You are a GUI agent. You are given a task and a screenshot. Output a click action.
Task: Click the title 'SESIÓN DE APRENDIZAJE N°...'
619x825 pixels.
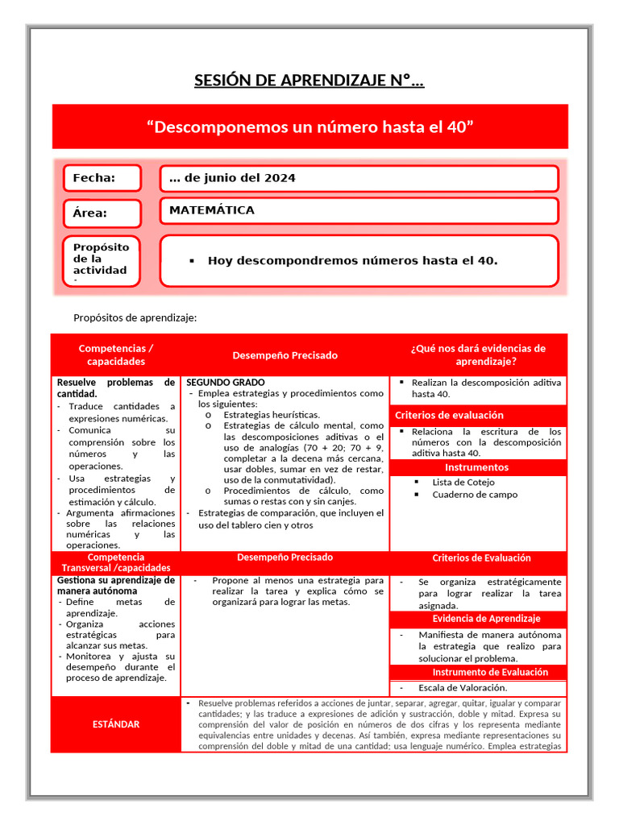click(309, 81)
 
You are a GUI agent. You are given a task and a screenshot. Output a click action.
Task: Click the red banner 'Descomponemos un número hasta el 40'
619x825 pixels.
click(309, 127)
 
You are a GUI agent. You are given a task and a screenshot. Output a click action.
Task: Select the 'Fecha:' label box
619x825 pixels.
click(102, 178)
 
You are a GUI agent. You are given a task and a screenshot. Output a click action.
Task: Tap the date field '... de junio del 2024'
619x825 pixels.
click(359, 178)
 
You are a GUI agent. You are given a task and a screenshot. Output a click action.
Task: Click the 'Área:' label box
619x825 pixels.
click(102, 214)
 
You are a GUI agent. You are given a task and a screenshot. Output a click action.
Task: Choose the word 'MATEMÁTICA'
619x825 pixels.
click(212, 210)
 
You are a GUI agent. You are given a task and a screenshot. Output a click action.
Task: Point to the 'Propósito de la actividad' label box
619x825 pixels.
click(102, 260)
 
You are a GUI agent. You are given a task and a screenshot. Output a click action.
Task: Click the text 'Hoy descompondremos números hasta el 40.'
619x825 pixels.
click(352, 261)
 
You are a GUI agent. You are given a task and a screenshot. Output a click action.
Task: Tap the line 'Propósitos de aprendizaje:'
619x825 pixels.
click(135, 317)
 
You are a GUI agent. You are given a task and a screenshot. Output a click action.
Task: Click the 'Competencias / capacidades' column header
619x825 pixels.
click(116, 354)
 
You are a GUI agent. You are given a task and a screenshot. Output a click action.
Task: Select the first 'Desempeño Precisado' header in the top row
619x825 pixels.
click(285, 355)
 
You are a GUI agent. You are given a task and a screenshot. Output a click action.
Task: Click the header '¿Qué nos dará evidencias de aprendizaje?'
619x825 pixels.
click(478, 354)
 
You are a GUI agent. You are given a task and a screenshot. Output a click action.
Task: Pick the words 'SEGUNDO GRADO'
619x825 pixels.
click(226, 382)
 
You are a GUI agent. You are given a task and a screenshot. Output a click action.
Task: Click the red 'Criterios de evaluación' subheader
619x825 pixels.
click(449, 415)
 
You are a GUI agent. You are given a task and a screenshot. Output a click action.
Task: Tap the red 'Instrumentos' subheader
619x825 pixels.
click(478, 467)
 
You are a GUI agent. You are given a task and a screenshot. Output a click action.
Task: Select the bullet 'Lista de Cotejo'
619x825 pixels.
click(463, 482)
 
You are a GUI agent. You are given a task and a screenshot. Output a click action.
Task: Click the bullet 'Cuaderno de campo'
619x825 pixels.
click(475, 495)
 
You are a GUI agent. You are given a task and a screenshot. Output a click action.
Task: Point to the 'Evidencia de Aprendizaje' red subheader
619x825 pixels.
click(486, 619)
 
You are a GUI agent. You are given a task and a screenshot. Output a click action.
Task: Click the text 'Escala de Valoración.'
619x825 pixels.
click(463, 687)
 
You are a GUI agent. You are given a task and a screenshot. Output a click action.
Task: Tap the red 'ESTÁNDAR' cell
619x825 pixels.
click(116, 724)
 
